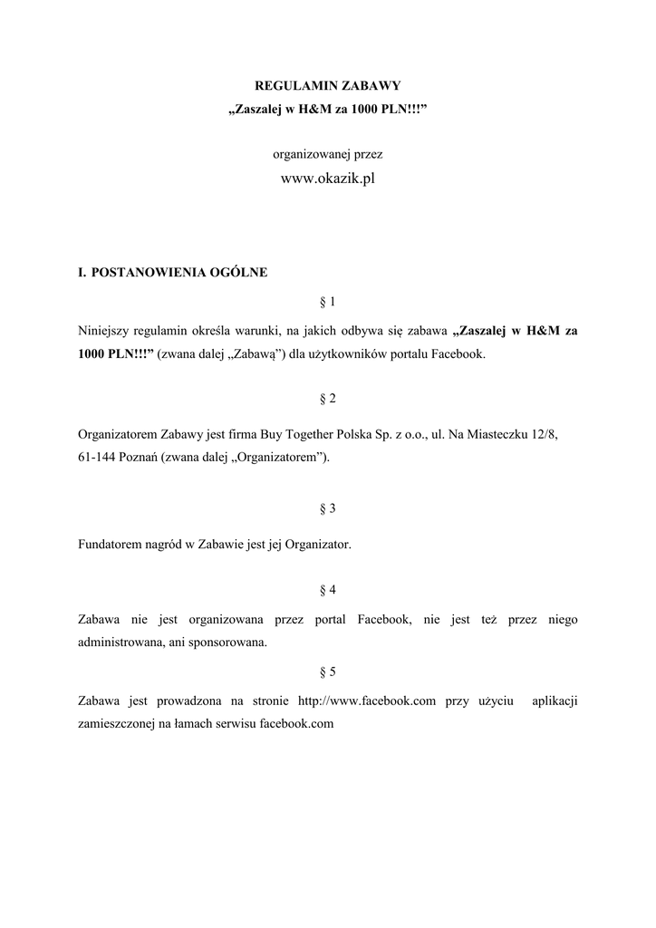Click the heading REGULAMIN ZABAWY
tap(327, 85)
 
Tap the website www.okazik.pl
tap(327, 179)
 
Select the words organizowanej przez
tap(327, 154)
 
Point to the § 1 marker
tap(328, 300)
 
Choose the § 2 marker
tap(328, 399)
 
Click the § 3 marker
tap(328, 508)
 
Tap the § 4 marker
tap(328, 590)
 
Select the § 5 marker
tap(328, 672)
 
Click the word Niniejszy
tap(104, 331)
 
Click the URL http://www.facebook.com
tap(368, 701)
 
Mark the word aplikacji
tap(555, 701)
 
